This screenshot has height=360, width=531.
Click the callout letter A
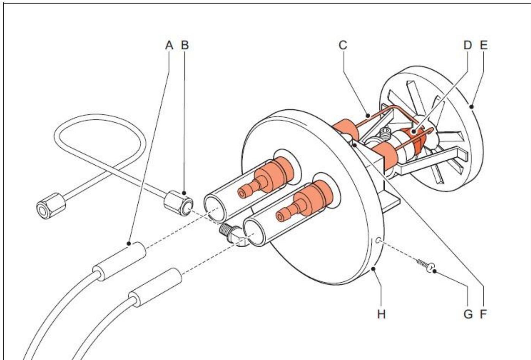pos(169,46)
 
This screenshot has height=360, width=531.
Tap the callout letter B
pos(185,46)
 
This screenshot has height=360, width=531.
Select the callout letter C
pos(343,46)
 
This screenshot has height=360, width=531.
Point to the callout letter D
pos(468,46)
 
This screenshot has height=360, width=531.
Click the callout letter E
pos(483,46)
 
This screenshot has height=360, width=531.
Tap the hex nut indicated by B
pos(177,203)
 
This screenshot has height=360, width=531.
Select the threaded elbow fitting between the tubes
pos(233,234)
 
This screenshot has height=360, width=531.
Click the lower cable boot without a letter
pos(156,287)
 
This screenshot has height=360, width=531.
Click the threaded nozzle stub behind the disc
pos(386,134)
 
